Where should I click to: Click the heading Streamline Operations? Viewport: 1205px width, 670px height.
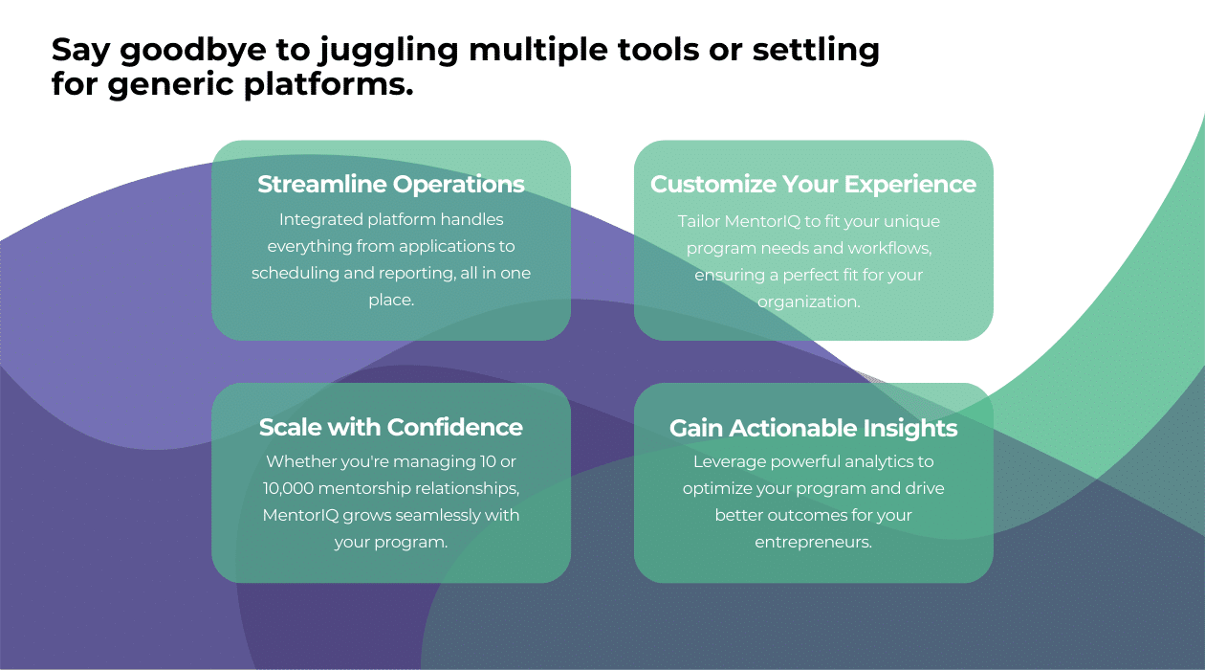[x=391, y=184]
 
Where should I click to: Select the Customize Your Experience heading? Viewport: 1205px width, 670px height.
[x=813, y=184]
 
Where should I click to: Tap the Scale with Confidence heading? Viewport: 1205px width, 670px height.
[x=391, y=427]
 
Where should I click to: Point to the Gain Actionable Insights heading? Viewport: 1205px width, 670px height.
[x=813, y=428]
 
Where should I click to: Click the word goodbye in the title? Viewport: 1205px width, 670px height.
[x=193, y=51]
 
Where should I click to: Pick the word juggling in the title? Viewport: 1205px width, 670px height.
[x=388, y=51]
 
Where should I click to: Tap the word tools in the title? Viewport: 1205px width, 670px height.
[x=658, y=49]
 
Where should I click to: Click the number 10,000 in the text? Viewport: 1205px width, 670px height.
[x=289, y=488]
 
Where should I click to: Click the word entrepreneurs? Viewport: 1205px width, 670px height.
[x=813, y=542]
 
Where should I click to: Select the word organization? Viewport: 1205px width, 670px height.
[x=808, y=302]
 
